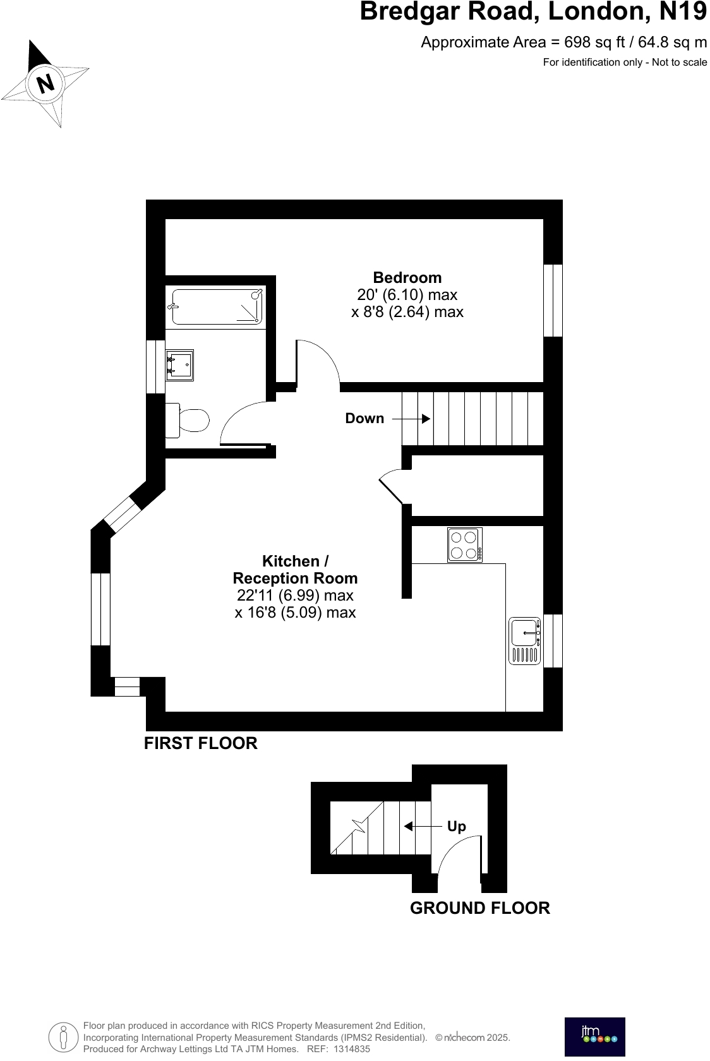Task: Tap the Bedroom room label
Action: click(x=407, y=277)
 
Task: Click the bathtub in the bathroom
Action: click(x=217, y=307)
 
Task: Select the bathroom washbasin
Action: click(x=179, y=366)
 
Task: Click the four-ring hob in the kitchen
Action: click(x=465, y=544)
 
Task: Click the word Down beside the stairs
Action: click(x=364, y=418)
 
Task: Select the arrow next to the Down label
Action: click(x=411, y=418)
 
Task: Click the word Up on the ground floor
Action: click(x=456, y=826)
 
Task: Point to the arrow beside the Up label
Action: click(x=423, y=826)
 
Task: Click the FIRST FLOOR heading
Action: click(x=201, y=743)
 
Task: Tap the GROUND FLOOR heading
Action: click(x=479, y=908)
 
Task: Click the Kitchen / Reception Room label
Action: click(x=295, y=570)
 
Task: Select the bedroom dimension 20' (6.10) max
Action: click(x=407, y=294)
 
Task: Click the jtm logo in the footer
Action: click(x=594, y=1036)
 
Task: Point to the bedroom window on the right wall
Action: click(x=553, y=300)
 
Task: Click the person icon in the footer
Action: click(x=63, y=1036)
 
